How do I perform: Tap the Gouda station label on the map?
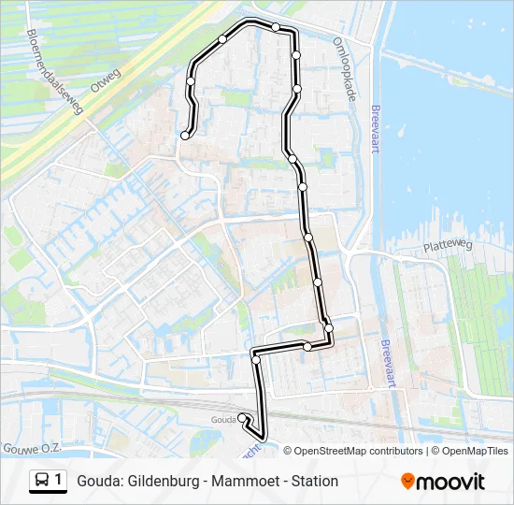[x=224, y=419]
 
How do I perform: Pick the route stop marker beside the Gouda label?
[x=242, y=418]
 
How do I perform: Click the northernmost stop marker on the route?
[x=276, y=28]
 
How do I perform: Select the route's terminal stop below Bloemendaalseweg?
[x=185, y=136]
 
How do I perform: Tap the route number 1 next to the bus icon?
[x=59, y=481]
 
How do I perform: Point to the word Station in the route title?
[x=313, y=482]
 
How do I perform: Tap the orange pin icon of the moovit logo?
[x=407, y=481]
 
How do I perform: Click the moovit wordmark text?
[x=451, y=482]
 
